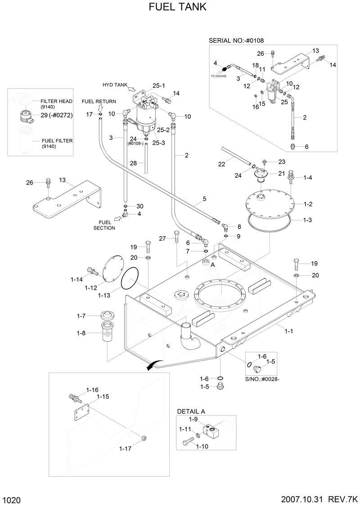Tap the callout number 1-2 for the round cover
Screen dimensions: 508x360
pos(307,204)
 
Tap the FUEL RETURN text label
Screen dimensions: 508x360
pos(99,101)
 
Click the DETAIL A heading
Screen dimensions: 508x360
pos(191,411)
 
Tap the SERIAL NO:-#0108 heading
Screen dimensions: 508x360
pos(236,40)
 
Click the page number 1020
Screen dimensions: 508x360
pos(12,499)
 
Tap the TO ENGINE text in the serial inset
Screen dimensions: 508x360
pos(219,76)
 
